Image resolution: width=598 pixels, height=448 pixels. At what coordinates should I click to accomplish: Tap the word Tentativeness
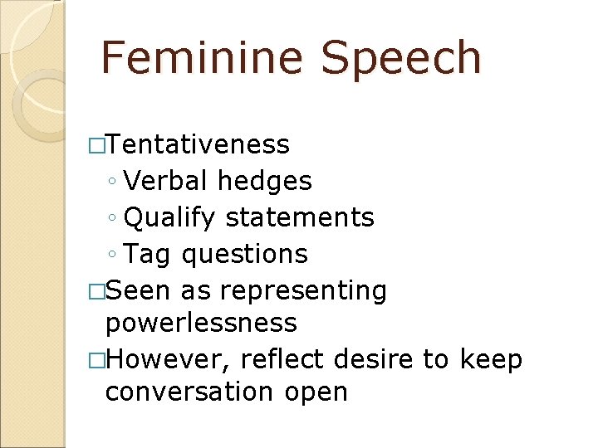point(198,144)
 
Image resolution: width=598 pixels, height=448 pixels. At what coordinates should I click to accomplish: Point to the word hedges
point(265,182)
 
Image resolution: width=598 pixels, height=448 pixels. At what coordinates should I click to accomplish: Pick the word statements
point(300,217)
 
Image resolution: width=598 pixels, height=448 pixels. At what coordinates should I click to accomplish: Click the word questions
point(245,255)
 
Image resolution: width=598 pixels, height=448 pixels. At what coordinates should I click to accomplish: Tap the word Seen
point(138,290)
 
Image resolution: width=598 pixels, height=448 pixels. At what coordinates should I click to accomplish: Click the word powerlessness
point(201,323)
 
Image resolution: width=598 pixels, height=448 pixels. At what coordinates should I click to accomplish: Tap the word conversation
point(197,391)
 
